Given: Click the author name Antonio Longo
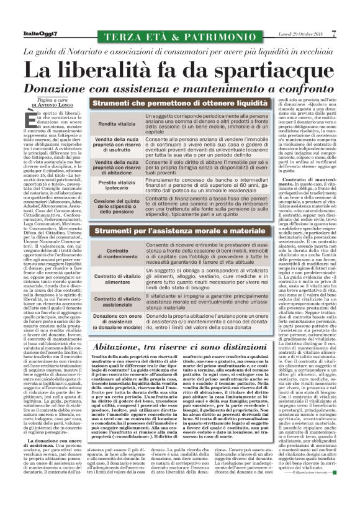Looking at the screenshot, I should (x=47, y=104).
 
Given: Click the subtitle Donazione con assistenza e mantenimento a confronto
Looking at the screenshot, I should (x=180, y=88).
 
